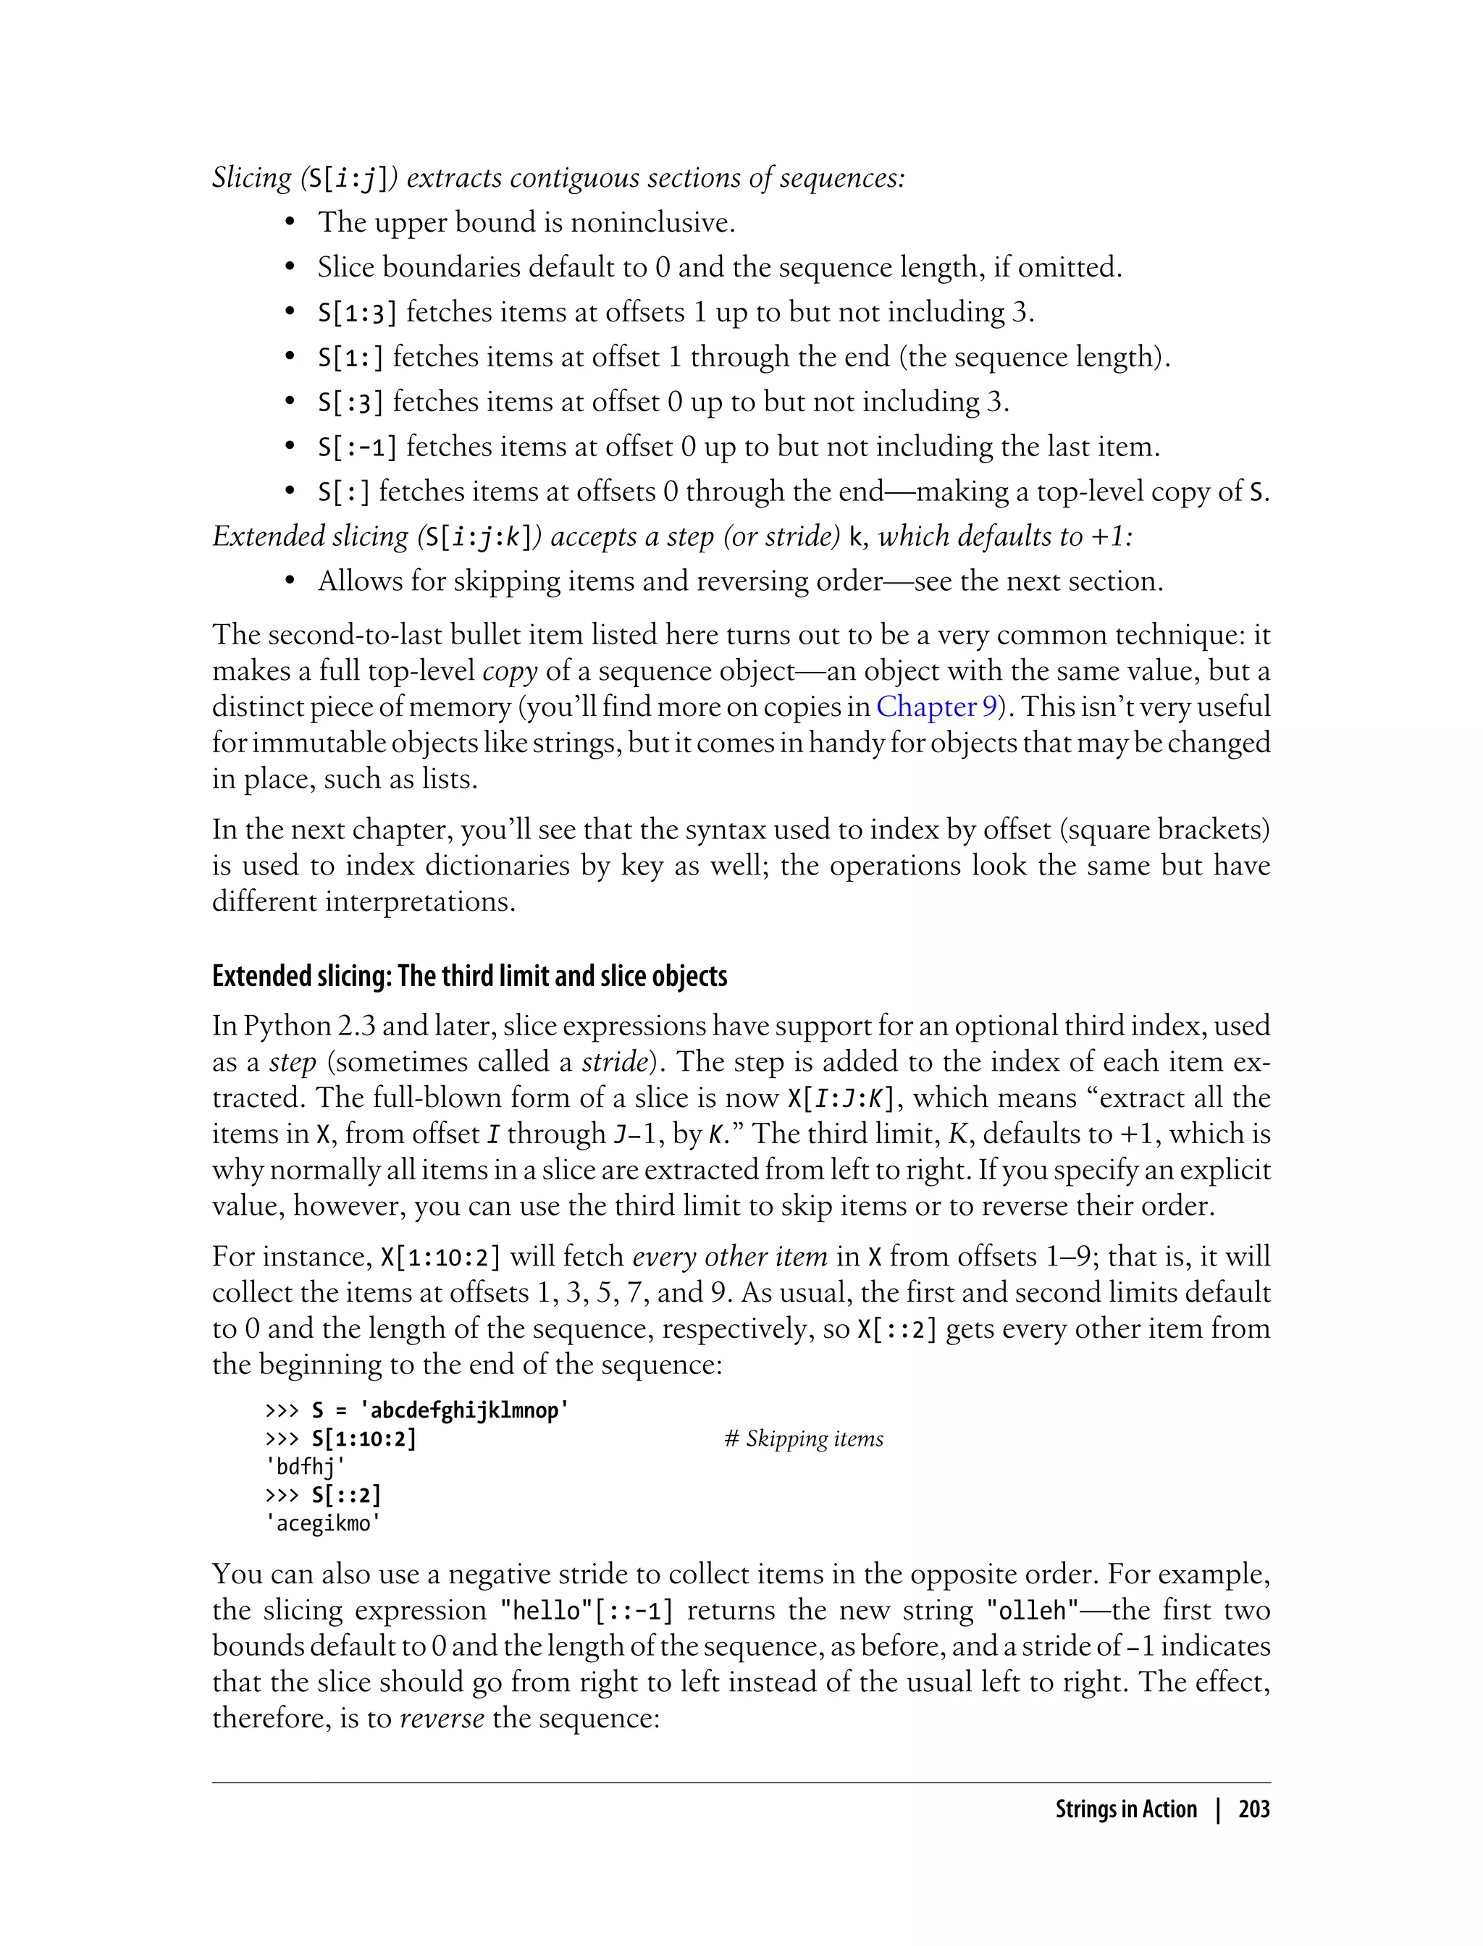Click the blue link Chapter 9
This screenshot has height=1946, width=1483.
(x=936, y=707)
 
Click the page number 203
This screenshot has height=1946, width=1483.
(x=1253, y=1809)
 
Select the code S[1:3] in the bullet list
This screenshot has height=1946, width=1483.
(x=356, y=313)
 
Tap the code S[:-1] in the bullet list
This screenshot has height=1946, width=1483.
(x=356, y=447)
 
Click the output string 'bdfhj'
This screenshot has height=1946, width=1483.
(x=305, y=1467)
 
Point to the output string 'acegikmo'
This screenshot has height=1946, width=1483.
(x=322, y=1523)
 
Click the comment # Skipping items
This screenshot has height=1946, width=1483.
(x=803, y=1439)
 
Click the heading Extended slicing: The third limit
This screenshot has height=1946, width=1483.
(x=470, y=976)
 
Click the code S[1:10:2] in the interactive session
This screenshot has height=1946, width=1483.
(x=364, y=1439)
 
